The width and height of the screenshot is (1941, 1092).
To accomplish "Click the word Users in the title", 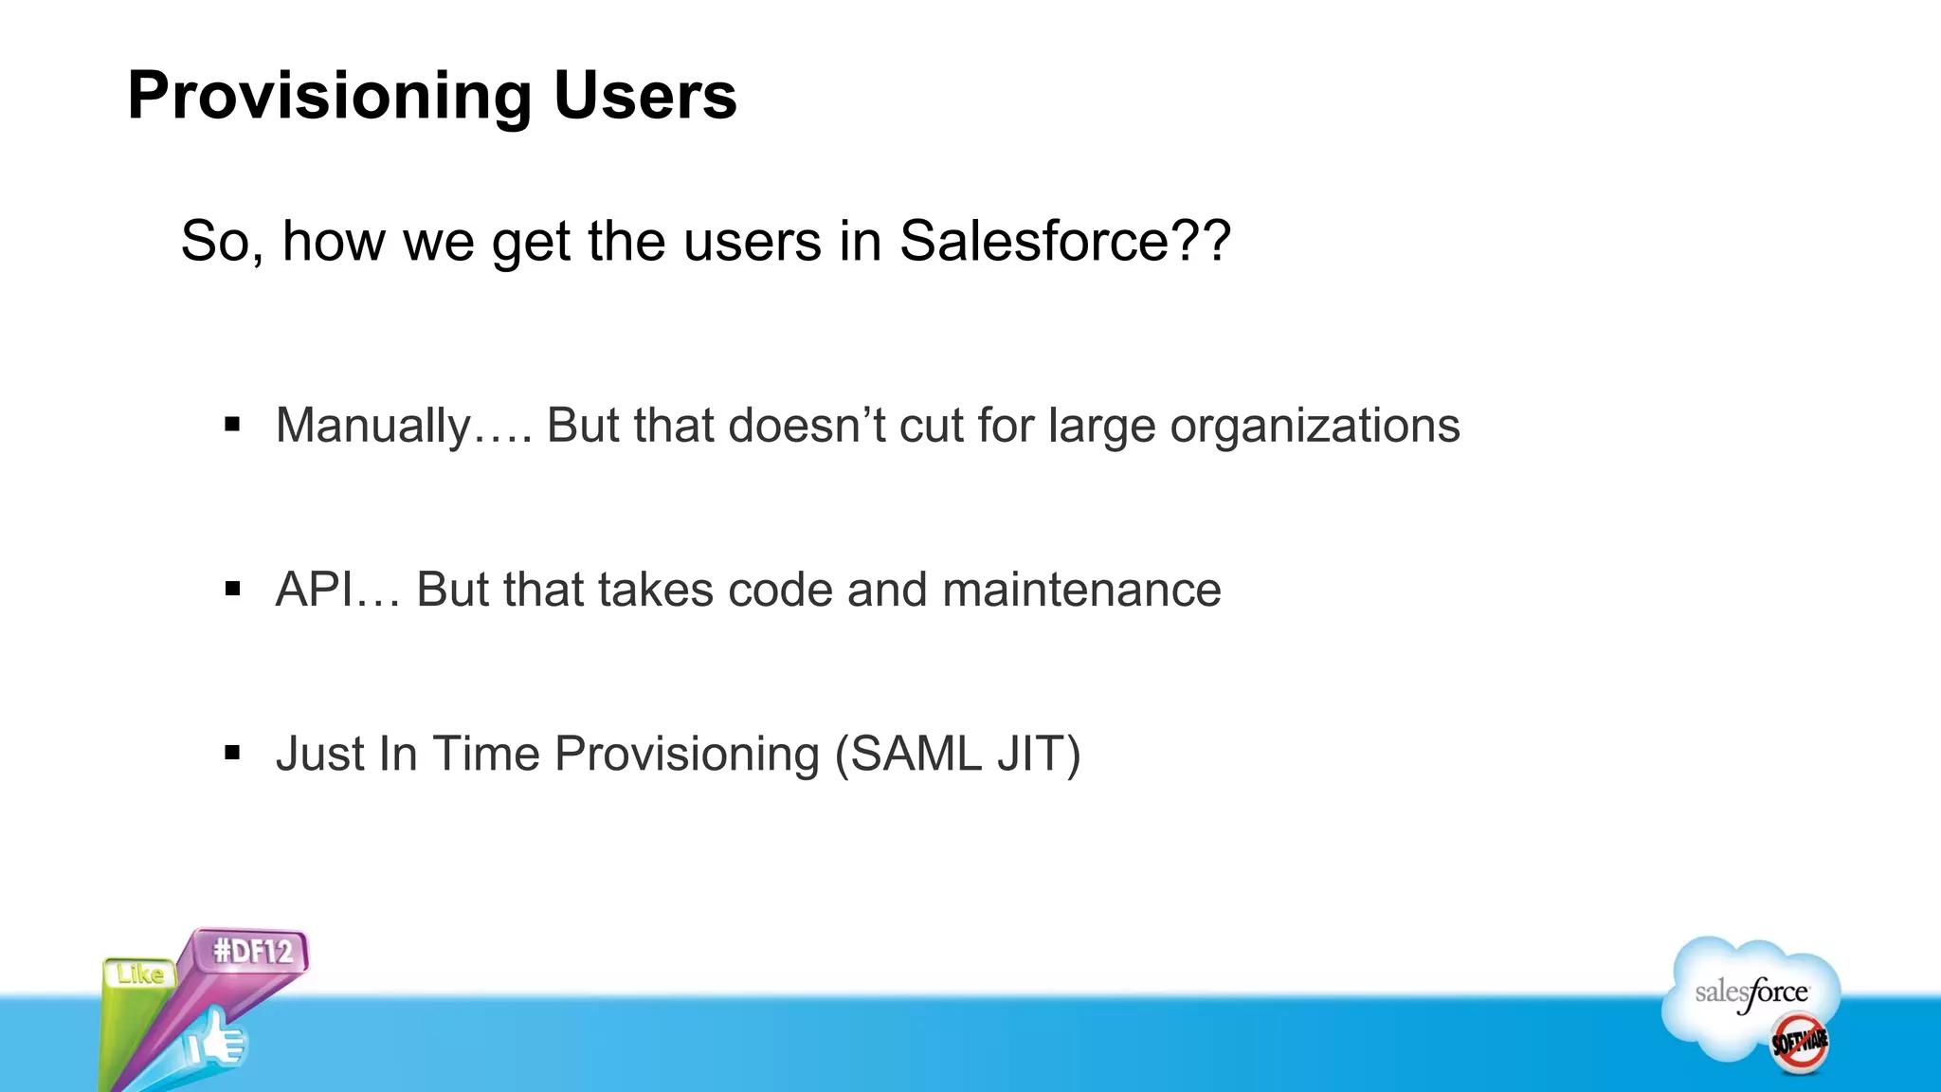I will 644,97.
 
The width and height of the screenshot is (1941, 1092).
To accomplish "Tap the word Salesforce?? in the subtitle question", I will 1064,241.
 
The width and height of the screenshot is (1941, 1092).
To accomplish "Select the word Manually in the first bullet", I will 373,426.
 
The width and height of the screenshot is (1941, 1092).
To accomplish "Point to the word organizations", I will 1315,426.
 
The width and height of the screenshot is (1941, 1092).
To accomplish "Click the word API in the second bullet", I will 314,590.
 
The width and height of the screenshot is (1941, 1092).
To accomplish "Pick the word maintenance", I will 1081,590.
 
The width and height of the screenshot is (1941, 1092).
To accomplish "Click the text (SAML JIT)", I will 957,755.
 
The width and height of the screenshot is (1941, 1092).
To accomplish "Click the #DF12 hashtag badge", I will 252,951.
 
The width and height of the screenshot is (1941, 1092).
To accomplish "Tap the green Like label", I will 140,974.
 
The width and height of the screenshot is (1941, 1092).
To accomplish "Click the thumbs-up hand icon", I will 216,1041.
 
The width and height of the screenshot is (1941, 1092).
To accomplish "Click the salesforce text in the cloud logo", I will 1751,992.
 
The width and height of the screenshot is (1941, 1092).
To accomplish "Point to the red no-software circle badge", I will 1799,1043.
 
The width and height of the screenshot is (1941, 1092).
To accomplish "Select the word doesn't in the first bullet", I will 807,426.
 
